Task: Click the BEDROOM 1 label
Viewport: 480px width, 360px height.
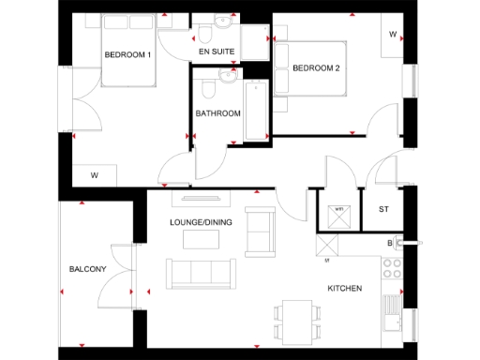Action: [x=127, y=55]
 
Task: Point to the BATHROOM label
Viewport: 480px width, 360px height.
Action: [x=218, y=113]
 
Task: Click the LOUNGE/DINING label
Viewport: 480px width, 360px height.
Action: [x=200, y=222]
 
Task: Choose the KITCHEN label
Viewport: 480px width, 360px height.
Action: [x=344, y=288]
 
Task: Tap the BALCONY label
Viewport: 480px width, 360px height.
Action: [x=87, y=270]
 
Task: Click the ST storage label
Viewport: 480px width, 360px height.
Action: [x=383, y=208]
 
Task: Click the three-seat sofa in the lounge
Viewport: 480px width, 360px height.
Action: [x=201, y=273]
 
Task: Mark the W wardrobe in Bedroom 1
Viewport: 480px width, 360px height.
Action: [x=95, y=175]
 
